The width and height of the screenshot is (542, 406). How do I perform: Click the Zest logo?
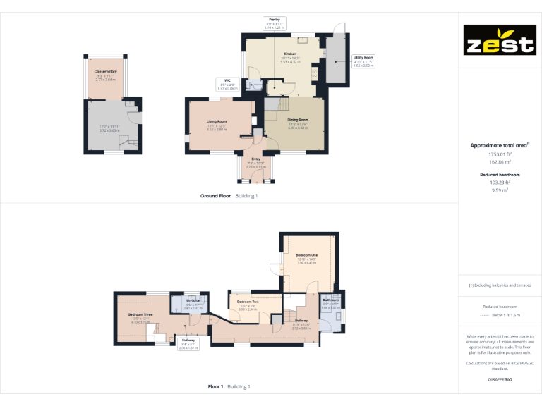499,41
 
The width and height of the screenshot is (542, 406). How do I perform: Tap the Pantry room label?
275,19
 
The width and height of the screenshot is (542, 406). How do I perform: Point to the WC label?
228,80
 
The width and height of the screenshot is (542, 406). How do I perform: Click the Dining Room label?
299,120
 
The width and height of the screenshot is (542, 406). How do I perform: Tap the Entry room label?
255,159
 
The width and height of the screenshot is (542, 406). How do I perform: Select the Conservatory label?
106,71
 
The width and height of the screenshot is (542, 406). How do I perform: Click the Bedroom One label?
307,254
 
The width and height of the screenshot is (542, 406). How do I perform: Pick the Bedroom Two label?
248,302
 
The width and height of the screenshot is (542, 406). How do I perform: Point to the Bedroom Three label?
140,314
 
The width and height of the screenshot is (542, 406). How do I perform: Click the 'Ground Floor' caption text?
215,195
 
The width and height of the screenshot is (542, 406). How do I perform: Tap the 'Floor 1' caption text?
215,386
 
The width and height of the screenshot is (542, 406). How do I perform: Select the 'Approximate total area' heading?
498,145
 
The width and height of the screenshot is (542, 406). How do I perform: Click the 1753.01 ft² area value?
500,154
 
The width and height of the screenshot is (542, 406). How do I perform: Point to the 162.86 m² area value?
500,161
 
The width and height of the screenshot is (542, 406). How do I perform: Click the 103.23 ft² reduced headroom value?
500,182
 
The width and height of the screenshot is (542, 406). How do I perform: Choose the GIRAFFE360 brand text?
500,380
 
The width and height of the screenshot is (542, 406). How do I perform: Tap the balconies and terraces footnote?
500,285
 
